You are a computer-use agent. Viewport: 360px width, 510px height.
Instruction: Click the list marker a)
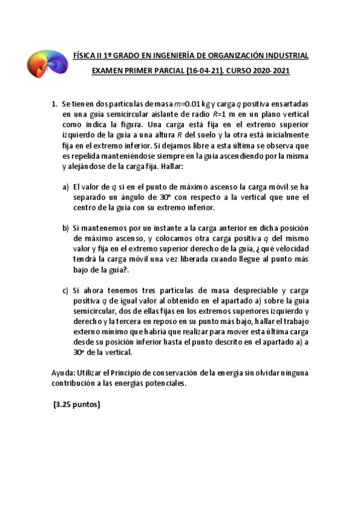click(x=66, y=187)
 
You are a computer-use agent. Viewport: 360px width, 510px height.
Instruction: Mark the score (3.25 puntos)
click(x=76, y=404)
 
